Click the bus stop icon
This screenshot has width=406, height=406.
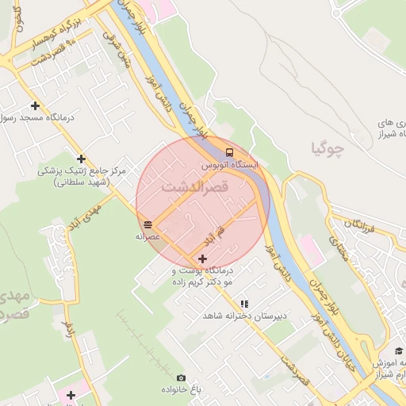click(229, 152)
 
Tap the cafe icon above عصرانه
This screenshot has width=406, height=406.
click(148, 224)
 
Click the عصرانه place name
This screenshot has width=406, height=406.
click(148, 236)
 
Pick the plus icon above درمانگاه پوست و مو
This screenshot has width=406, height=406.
click(203, 259)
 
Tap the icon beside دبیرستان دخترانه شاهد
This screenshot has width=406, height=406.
click(244, 303)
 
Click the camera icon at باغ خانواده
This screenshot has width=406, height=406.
click(181, 378)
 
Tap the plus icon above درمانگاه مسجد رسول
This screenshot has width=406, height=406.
click(35, 105)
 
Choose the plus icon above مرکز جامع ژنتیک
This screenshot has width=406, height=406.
click(81, 159)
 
